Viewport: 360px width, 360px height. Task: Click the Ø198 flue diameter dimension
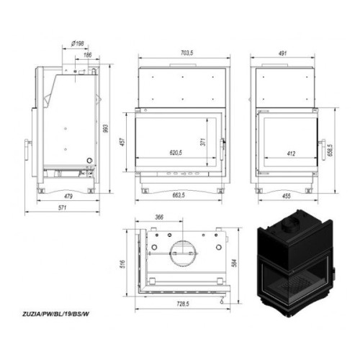click(78, 44)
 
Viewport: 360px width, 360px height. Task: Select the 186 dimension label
click(88, 55)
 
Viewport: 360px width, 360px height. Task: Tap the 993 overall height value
click(106, 128)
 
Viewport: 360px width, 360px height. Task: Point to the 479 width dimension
click(68, 197)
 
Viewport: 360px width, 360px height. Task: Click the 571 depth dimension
click(62, 207)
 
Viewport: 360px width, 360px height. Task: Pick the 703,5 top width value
click(186, 53)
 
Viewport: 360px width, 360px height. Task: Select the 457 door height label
click(122, 142)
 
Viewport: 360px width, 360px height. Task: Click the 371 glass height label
click(203, 142)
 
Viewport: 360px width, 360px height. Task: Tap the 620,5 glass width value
click(176, 153)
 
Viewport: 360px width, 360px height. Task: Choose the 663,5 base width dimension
click(179, 195)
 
